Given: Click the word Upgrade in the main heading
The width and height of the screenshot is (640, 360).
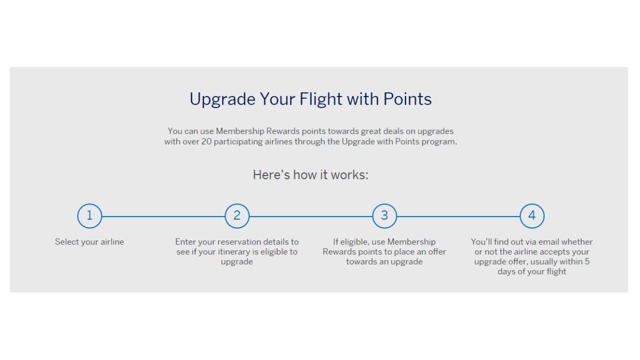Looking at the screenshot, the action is (222, 99).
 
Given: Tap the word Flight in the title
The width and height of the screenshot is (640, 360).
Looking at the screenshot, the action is (320, 99).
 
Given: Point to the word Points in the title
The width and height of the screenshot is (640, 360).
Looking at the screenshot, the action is (407, 99).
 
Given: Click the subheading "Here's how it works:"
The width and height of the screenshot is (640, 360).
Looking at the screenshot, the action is (310, 175).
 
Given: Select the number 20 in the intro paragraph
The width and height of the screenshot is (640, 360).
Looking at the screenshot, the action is (206, 141).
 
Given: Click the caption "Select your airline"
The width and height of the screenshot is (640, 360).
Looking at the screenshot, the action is (89, 242).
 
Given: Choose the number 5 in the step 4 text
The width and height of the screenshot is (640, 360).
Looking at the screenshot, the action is (587, 261).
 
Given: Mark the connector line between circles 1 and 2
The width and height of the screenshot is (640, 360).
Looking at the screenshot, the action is (163, 216).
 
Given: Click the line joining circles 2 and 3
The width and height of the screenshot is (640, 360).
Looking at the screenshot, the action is (310, 216).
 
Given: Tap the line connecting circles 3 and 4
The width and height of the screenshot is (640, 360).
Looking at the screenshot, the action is (458, 216).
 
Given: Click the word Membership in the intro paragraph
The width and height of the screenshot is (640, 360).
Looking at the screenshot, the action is (240, 131).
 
